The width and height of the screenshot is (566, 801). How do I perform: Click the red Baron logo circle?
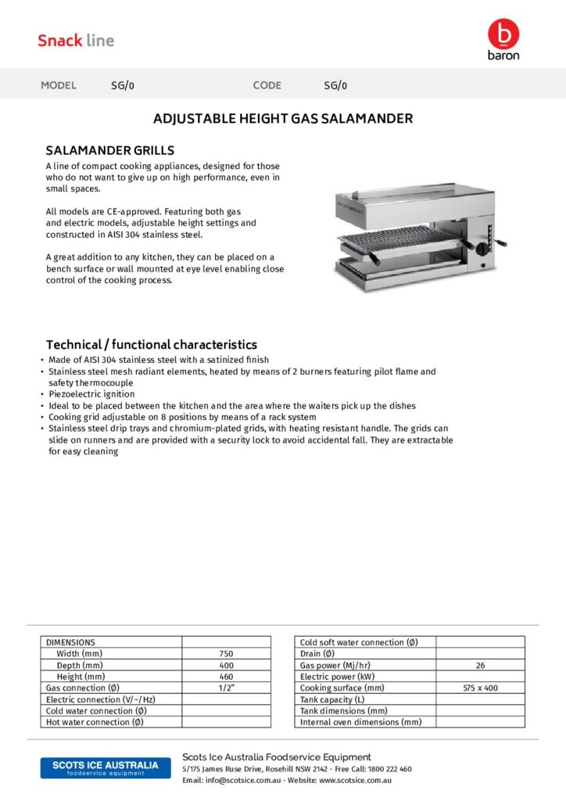[x=503, y=34]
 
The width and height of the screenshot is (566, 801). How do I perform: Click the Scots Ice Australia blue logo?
[x=105, y=767]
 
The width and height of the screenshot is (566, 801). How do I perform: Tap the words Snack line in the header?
[x=76, y=41]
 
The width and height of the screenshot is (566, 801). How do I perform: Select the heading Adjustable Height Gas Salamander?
[x=282, y=119]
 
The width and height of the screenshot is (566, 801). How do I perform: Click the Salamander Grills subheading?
[x=109, y=150]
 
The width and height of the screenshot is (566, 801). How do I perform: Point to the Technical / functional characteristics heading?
[x=151, y=344]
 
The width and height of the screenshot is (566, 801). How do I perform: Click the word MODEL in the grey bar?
[x=59, y=85]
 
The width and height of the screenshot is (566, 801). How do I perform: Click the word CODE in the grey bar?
[x=267, y=85]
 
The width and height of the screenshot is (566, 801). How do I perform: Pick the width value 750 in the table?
[x=226, y=654]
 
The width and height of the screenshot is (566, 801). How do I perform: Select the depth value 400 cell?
[x=226, y=665]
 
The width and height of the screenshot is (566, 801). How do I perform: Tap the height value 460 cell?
[x=226, y=677]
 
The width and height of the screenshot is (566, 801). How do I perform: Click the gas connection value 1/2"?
[x=226, y=688]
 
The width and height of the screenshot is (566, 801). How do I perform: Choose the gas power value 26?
[x=480, y=665]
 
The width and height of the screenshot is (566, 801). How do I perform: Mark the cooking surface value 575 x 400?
[x=480, y=688]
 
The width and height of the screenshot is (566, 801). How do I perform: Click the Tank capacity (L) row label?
[x=332, y=699]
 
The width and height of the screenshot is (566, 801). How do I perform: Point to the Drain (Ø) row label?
[x=317, y=654]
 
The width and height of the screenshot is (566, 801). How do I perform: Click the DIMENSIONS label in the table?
[x=70, y=642]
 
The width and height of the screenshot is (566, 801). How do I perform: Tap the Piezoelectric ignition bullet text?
[x=91, y=394]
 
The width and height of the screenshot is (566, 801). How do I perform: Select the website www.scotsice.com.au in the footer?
[x=355, y=780]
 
